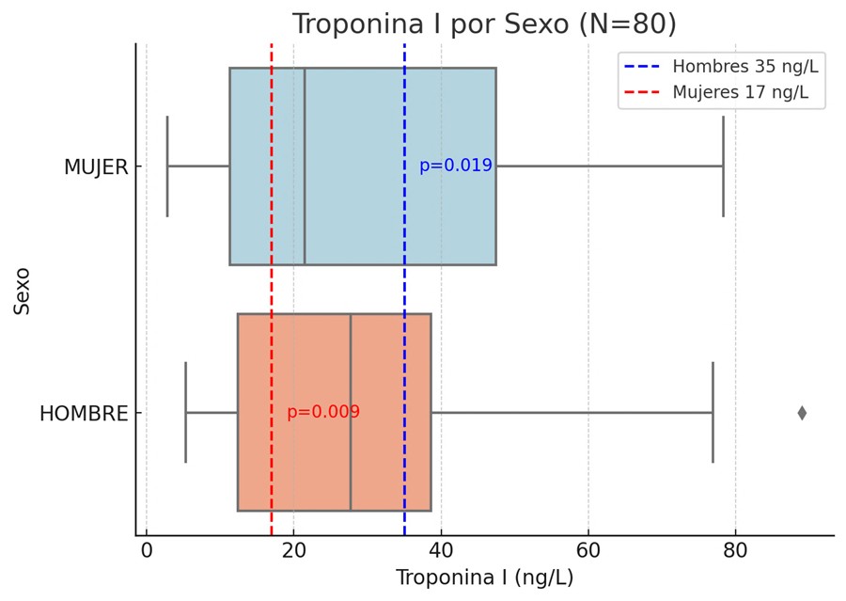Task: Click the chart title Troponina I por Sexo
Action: point(483,24)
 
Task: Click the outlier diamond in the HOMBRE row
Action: point(802,413)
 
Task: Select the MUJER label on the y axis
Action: point(95,167)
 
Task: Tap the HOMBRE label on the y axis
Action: point(83,414)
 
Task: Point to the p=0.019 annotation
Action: point(455,166)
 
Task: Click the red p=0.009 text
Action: point(322,412)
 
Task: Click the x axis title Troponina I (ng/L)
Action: point(484,578)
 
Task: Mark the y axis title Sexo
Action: point(23,291)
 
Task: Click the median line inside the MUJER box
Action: point(305,166)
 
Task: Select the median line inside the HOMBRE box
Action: point(351,412)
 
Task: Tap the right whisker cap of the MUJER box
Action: point(723,166)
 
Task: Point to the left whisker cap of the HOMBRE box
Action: point(186,412)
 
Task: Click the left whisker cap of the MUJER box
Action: point(167,166)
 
